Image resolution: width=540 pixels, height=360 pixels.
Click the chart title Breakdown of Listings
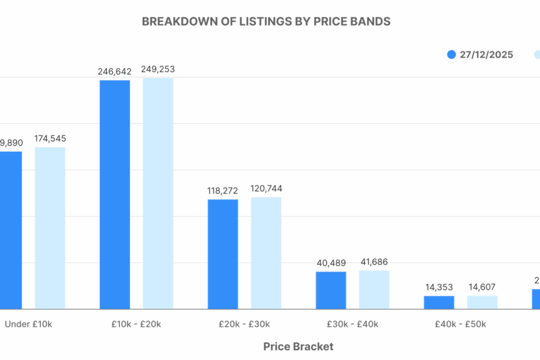pyautogui.click(x=266, y=21)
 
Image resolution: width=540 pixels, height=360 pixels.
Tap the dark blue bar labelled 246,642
pyautogui.click(x=115, y=195)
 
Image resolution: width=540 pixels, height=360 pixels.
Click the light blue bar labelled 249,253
pyautogui.click(x=158, y=193)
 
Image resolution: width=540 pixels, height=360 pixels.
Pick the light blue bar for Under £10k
pyautogui.click(x=50, y=228)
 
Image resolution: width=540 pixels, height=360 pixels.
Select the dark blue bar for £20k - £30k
pyautogui.click(x=223, y=254)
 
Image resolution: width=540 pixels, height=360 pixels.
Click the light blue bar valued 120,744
pyautogui.click(x=266, y=253)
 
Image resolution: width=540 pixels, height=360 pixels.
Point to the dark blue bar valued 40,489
pyautogui.click(x=331, y=290)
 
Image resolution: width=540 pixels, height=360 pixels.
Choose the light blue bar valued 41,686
pyautogui.click(x=374, y=289)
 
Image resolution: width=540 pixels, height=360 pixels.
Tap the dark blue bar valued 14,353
pyautogui.click(x=439, y=302)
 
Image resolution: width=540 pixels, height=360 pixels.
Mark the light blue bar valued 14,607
pyautogui.click(x=482, y=302)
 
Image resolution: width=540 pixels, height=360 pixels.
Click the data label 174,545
pyautogui.click(x=50, y=139)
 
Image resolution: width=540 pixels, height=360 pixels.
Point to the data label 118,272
pyautogui.click(x=223, y=190)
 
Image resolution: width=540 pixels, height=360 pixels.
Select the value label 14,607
pyautogui.click(x=482, y=287)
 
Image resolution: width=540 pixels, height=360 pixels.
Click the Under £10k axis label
pyautogui.click(x=28, y=325)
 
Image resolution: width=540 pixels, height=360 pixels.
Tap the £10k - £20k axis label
pyautogui.click(x=136, y=325)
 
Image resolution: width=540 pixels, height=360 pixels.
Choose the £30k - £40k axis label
pyautogui.click(x=352, y=325)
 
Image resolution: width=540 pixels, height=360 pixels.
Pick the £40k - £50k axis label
pyautogui.click(x=460, y=325)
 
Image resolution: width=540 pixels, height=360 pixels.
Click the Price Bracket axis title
pyautogui.click(x=298, y=347)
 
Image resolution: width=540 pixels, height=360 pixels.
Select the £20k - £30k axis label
pyautogui.click(x=244, y=325)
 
